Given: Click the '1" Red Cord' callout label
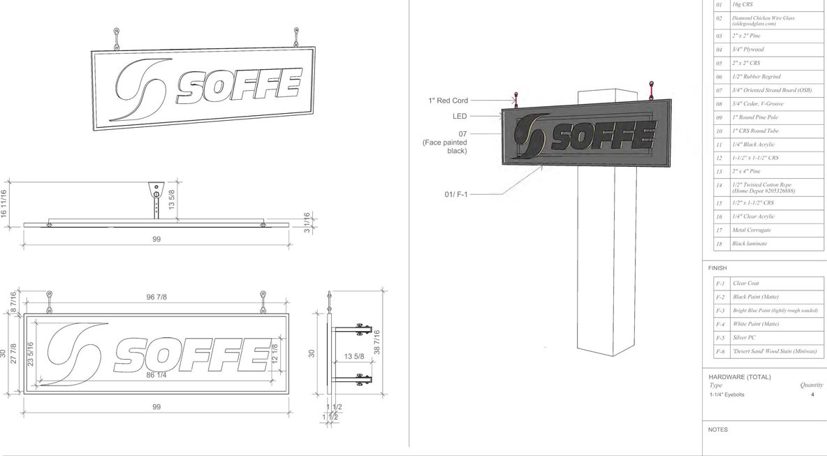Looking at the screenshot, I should (447, 101).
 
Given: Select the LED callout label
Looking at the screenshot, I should (459, 116).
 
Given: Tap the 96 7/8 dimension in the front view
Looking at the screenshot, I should (156, 297).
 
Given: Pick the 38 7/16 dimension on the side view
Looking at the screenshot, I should (377, 341).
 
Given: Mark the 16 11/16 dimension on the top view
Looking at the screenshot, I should (4, 203).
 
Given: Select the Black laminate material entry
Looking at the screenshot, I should (749, 244).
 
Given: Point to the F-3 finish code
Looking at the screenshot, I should (720, 310).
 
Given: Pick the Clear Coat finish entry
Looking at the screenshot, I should (746, 284).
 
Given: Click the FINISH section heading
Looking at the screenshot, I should (717, 268).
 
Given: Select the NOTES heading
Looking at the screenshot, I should (717, 429).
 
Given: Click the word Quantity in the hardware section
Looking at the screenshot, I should (811, 385).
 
